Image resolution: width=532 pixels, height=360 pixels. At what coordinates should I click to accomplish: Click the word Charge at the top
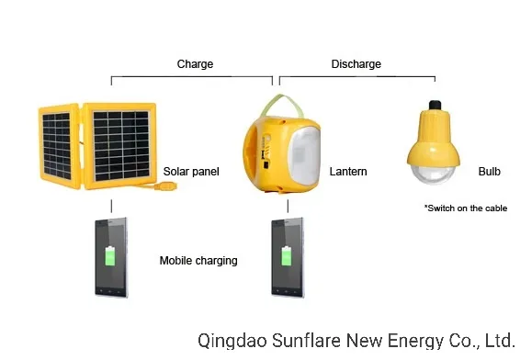(x=195, y=64)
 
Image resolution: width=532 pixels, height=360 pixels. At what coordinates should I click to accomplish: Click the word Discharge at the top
(x=356, y=64)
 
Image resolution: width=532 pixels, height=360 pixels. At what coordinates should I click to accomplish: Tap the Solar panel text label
(x=191, y=172)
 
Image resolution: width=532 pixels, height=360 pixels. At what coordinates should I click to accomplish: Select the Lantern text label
(x=347, y=172)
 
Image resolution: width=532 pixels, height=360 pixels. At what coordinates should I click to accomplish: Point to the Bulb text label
(x=489, y=172)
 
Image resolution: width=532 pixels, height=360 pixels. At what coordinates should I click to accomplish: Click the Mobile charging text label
(x=198, y=261)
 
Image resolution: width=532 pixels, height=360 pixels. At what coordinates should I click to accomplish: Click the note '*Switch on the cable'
(x=466, y=208)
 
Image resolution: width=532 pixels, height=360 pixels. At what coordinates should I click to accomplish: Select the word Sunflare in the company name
(x=303, y=341)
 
